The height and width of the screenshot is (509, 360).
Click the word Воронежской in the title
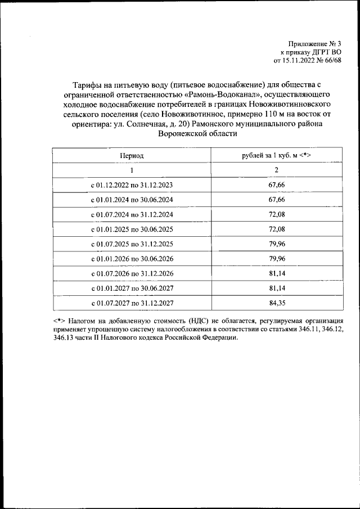pyautogui.click(x=181, y=134)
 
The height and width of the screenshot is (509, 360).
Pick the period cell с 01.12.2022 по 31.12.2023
pyautogui.click(x=132, y=184)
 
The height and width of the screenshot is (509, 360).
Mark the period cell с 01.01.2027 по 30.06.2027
pyautogui.click(x=132, y=289)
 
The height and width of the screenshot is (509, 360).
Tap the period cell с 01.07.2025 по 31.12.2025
pyautogui.click(x=132, y=244)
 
